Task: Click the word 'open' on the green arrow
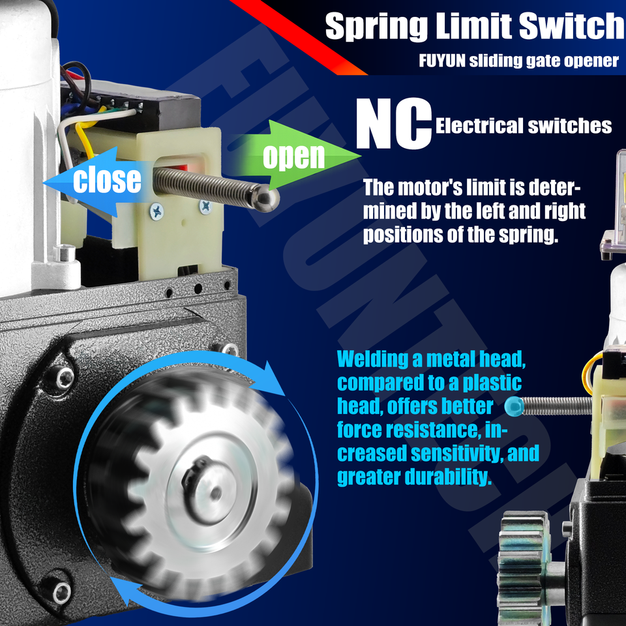click(x=294, y=156)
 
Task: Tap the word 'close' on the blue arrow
click(x=107, y=180)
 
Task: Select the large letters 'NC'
click(x=394, y=124)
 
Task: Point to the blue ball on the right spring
click(x=514, y=406)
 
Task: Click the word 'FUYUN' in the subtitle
click(x=442, y=61)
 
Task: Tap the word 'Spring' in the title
click(x=376, y=26)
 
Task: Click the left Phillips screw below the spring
click(x=156, y=211)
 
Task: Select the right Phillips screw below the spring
click(x=205, y=206)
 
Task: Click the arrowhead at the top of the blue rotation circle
click(x=273, y=380)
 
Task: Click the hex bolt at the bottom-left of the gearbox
click(x=61, y=593)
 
